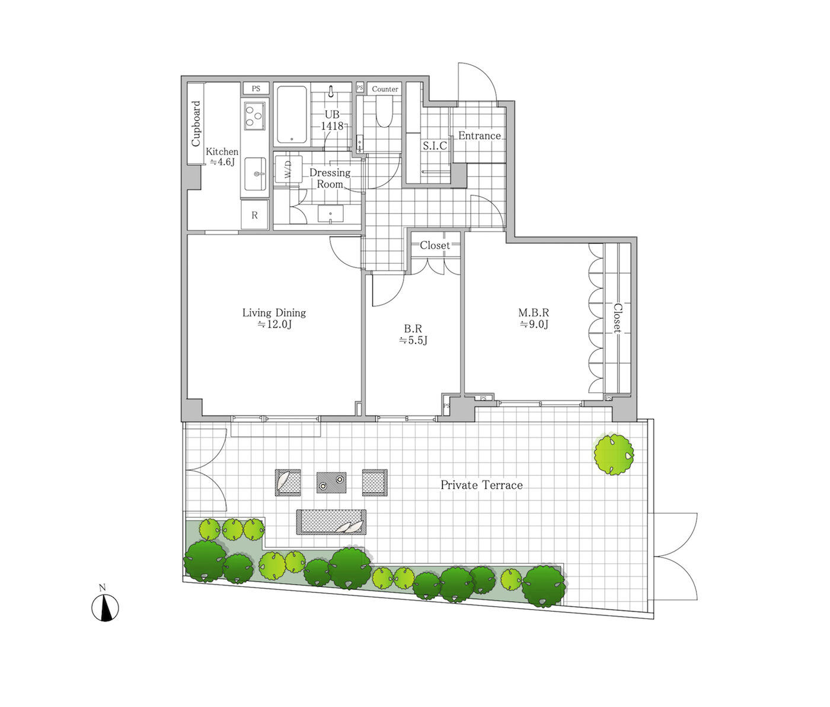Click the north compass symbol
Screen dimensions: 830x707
pyautogui.click(x=105, y=607)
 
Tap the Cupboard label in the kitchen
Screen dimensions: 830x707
pyautogui.click(x=196, y=123)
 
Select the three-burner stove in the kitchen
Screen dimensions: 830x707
pyautogui.click(x=255, y=115)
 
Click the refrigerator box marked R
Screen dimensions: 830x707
pyautogui.click(x=254, y=215)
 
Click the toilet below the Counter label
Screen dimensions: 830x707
pyautogui.click(x=385, y=111)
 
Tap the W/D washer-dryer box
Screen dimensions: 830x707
pyautogui.click(x=288, y=169)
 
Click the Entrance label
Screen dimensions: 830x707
pyautogui.click(x=480, y=136)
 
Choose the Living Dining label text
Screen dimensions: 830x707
pyautogui.click(x=274, y=312)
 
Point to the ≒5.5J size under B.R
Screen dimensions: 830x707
pyautogui.click(x=413, y=340)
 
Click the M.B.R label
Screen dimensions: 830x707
pyautogui.click(x=533, y=312)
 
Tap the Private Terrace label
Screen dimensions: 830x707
pyautogui.click(x=481, y=485)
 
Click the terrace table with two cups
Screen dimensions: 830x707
pyautogui.click(x=331, y=482)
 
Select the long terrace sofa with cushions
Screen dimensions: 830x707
pyautogui.click(x=331, y=522)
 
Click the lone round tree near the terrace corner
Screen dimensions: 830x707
pyautogui.click(x=614, y=454)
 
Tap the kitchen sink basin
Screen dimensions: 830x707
pyautogui.click(x=256, y=174)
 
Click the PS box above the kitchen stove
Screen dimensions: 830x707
pyautogui.click(x=256, y=88)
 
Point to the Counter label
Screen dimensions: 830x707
pyautogui.click(x=385, y=89)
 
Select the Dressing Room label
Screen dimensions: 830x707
pyautogui.click(x=330, y=178)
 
